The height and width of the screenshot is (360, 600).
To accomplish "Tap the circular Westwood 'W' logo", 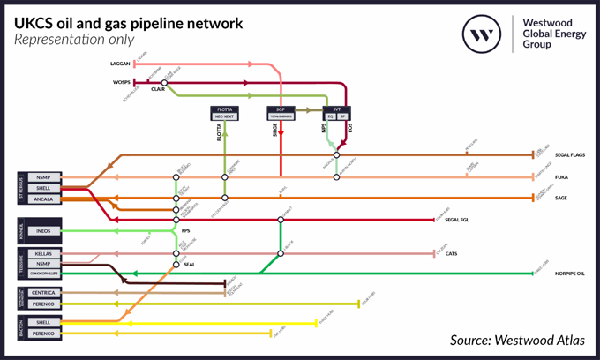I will click(482, 34).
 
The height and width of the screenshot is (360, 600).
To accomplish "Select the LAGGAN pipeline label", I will click(120, 64).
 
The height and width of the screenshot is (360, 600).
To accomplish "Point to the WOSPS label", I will click(121, 83).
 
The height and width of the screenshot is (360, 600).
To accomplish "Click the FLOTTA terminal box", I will click(224, 113).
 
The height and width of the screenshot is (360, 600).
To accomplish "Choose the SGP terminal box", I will click(281, 113).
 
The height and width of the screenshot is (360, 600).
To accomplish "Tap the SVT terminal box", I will click(337, 113).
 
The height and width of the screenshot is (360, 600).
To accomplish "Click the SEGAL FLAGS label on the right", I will click(569, 155).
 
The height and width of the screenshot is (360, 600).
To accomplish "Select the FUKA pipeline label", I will click(560, 177).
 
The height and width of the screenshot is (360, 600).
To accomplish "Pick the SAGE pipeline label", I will click(560, 199).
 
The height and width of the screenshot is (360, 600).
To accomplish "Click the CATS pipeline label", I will click(450, 254).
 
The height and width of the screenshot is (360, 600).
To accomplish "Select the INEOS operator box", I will click(43, 231).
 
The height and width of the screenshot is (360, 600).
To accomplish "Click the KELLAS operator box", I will click(43, 254).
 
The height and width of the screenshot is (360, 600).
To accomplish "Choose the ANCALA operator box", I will click(43, 199).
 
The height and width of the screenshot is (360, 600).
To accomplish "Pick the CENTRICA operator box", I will click(43, 293).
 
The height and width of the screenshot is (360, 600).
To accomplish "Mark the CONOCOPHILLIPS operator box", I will click(43, 273).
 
